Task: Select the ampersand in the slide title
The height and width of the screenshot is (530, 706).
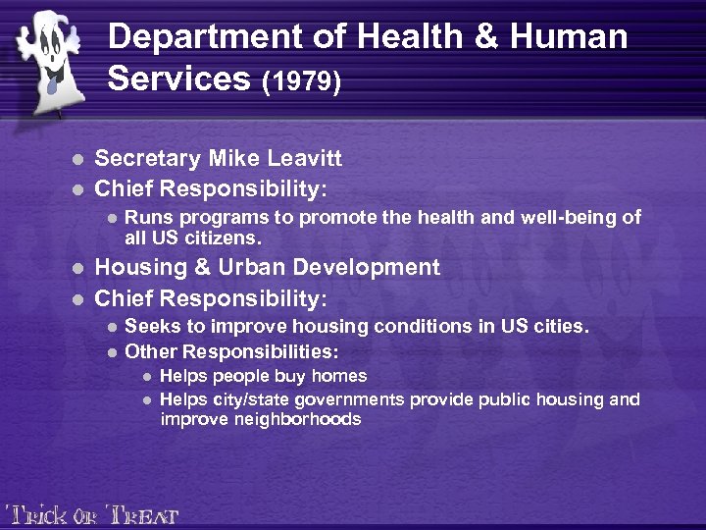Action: pyautogui.click(x=505, y=37)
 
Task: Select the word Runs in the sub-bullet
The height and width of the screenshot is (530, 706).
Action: pyautogui.click(x=148, y=218)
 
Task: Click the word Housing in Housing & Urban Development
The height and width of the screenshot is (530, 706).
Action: pyautogui.click(x=138, y=268)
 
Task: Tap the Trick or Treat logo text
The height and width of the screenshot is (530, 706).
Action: pyautogui.click(x=92, y=513)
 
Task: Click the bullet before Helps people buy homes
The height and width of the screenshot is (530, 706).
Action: pyautogui.click(x=146, y=377)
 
